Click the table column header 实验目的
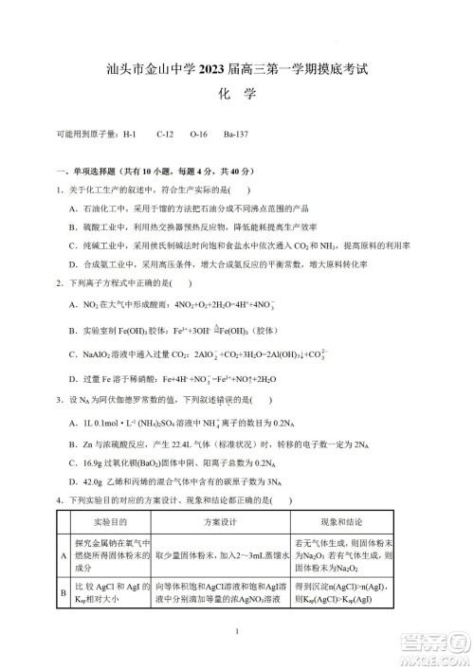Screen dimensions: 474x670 [104, 522]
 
